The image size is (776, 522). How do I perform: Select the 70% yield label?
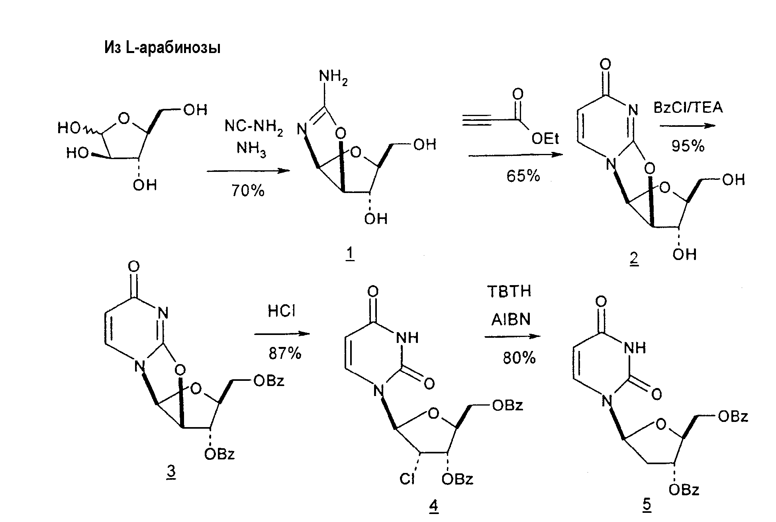coord(248,191)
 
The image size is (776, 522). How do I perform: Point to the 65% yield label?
coord(523,175)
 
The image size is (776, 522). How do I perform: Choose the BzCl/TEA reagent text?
coord(688,108)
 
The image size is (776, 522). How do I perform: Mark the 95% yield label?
coord(688,146)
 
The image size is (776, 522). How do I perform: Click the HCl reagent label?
coord(282,311)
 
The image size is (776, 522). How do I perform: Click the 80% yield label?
coord(519,358)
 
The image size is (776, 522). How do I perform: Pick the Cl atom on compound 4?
coord(407,479)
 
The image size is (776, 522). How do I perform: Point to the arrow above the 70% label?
coord(248,171)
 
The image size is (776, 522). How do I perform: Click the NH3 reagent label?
coord(251,149)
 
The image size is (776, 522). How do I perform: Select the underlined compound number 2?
coord(633,259)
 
